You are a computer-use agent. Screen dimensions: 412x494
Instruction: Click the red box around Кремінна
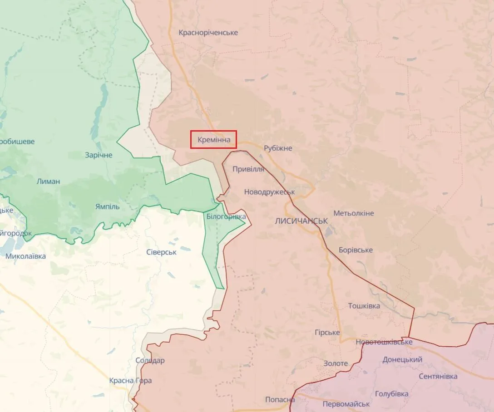(213, 140)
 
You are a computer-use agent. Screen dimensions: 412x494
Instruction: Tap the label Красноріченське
(208, 33)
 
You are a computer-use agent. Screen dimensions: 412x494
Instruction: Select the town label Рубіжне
(278, 148)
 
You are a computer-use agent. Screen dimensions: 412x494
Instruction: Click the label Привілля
(248, 169)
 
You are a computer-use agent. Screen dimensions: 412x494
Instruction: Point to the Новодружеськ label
(270, 192)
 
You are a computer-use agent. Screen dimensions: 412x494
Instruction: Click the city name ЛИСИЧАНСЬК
(301, 221)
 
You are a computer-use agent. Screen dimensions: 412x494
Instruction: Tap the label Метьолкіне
(354, 213)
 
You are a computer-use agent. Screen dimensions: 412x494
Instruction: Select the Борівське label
(356, 250)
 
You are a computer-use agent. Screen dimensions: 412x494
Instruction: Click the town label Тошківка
(364, 306)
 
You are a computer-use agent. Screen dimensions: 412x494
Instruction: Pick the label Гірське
(327, 333)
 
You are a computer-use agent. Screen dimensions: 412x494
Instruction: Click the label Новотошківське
(384, 342)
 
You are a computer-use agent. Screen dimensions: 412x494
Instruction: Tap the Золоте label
(336, 363)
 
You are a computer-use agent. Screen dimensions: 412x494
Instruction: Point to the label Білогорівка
(226, 217)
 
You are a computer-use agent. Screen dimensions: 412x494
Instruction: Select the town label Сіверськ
(162, 252)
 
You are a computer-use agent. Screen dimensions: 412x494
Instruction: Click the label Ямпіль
(108, 206)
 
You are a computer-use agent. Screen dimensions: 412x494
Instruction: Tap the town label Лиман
(48, 181)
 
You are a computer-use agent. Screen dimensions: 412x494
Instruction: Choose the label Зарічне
(99, 155)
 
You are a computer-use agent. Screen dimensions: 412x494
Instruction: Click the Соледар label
(150, 360)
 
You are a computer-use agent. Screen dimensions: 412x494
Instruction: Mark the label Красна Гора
(130, 381)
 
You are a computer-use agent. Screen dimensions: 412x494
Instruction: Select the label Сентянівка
(438, 376)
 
